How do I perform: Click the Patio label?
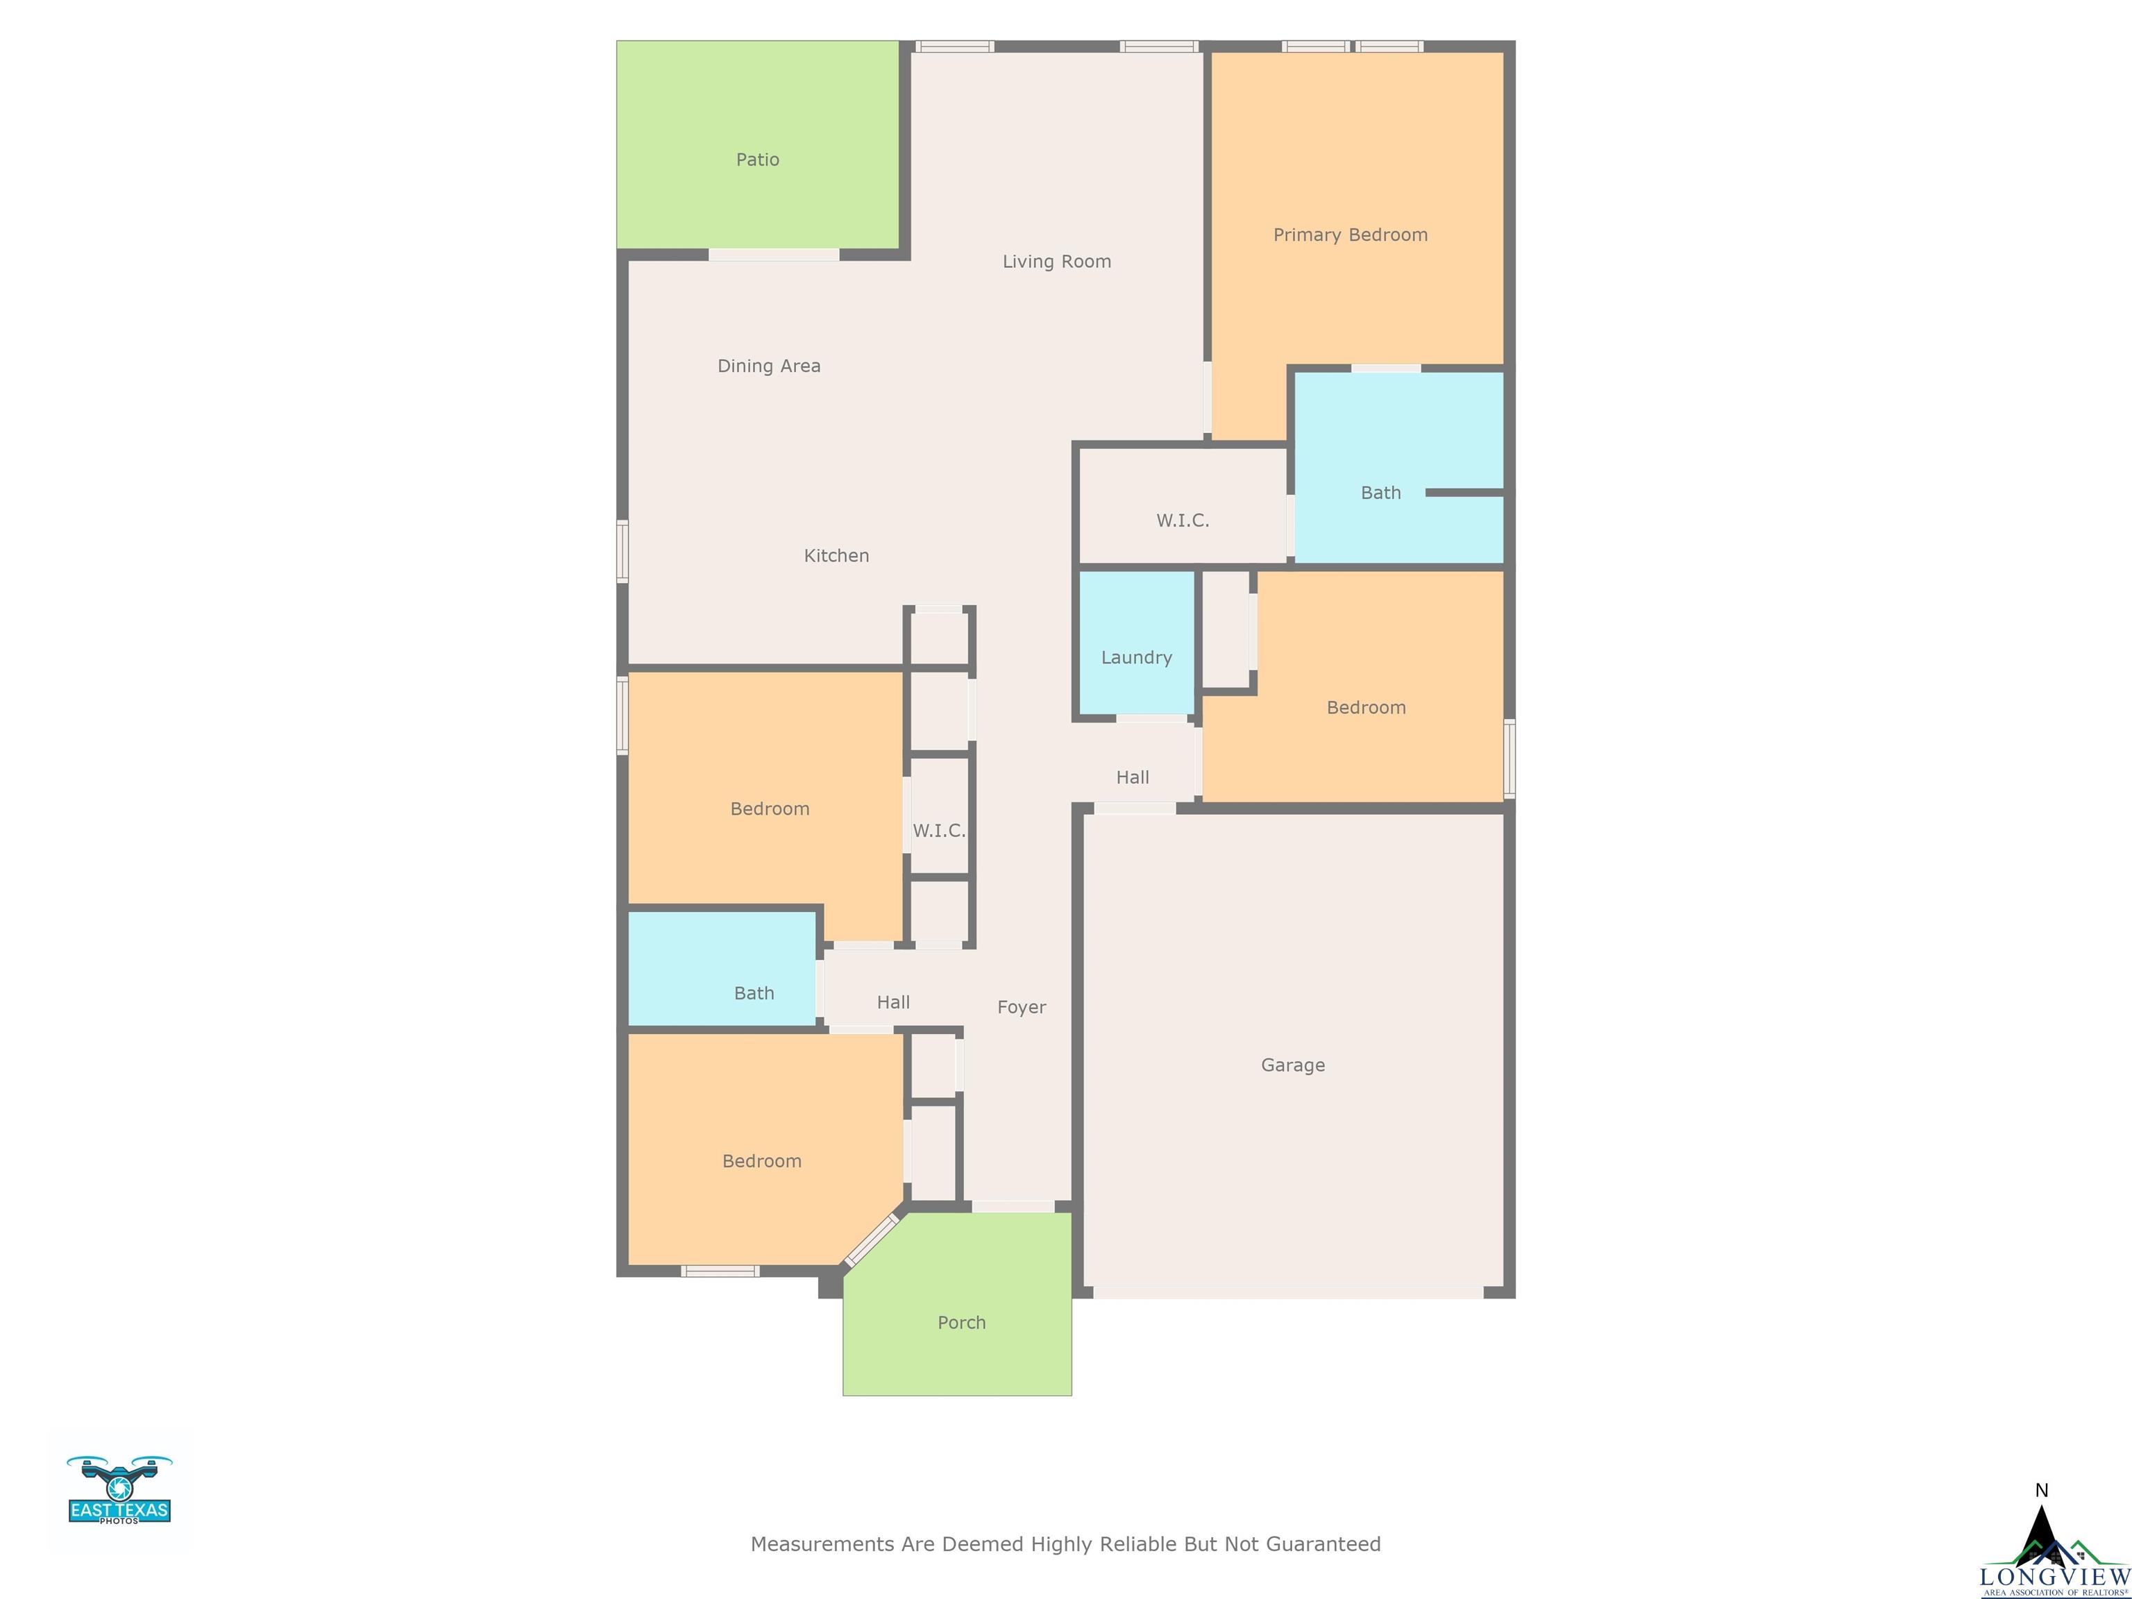[x=758, y=160]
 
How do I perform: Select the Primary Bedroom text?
[x=1351, y=235]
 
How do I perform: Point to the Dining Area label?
[x=769, y=366]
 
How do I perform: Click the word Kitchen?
[x=836, y=556]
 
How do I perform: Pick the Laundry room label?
[x=1136, y=659]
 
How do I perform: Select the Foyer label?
[x=1022, y=1007]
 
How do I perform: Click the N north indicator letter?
[x=2041, y=1491]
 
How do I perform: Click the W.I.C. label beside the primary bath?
[x=1183, y=521]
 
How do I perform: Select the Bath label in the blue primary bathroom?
[x=1380, y=493]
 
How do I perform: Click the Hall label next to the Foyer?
[x=893, y=1002]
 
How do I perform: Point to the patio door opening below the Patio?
[x=774, y=255]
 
